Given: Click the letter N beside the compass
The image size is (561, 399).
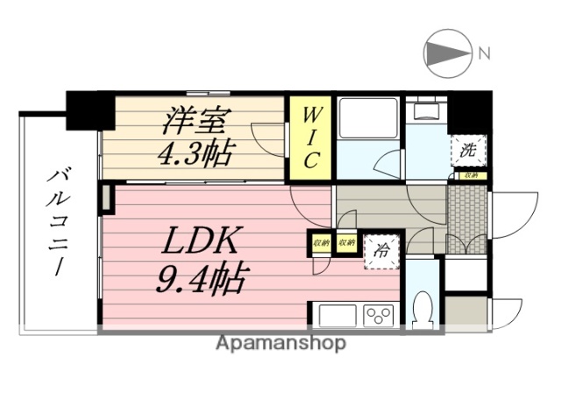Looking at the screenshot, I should pyautogui.click(x=484, y=54).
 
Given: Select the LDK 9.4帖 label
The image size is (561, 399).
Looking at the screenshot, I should pyautogui.click(x=202, y=260).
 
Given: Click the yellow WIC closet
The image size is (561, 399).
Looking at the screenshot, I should pyautogui.click(x=310, y=138).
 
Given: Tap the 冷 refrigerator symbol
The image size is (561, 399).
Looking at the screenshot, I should pyautogui.click(x=382, y=249).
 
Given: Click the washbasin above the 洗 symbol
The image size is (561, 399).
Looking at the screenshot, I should pyautogui.click(x=429, y=111).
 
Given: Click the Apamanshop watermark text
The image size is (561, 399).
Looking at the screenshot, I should pyautogui.click(x=280, y=344).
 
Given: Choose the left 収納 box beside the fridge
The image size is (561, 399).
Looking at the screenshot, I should pyautogui.click(x=320, y=242).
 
